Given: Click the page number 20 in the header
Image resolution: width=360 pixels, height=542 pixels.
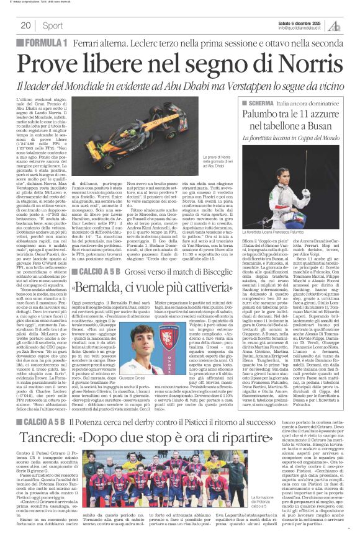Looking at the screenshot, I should [x=25, y=25].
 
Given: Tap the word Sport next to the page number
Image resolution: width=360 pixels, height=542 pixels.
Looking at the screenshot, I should [x=53, y=25].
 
